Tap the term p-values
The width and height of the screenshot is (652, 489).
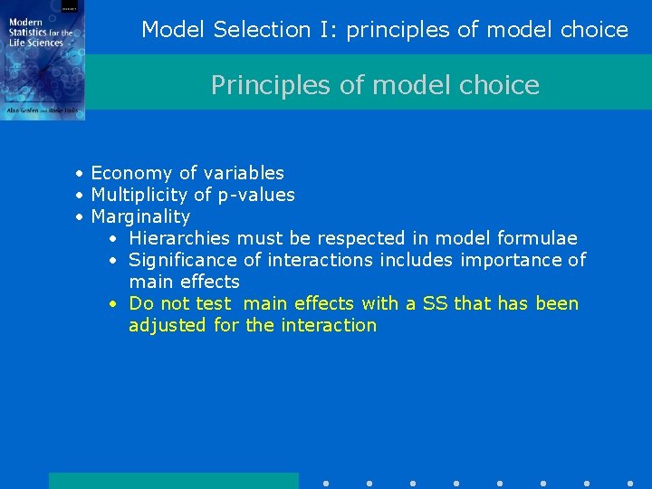[x=256, y=195]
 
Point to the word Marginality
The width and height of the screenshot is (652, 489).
[x=140, y=216]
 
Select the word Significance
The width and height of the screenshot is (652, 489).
[x=184, y=260]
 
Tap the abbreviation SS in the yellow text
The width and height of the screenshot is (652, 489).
[x=436, y=303]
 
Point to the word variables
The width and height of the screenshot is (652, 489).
[x=244, y=173]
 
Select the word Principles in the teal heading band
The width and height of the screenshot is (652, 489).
[x=255, y=85]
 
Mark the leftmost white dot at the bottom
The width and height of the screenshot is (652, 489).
[x=325, y=484]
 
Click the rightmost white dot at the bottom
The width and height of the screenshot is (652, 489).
[x=629, y=484]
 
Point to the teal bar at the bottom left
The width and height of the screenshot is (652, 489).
[x=173, y=481]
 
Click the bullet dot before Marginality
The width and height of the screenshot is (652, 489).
[x=81, y=217]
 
